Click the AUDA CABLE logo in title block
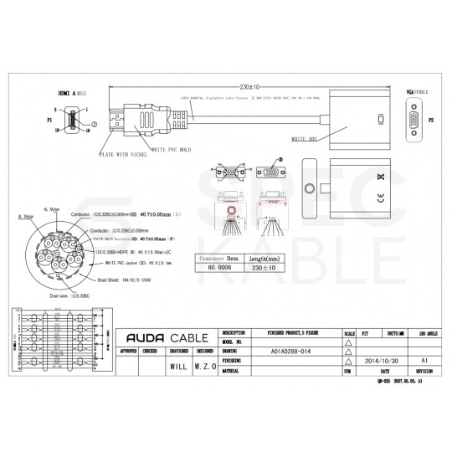[165, 337]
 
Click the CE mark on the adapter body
[381, 198]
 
